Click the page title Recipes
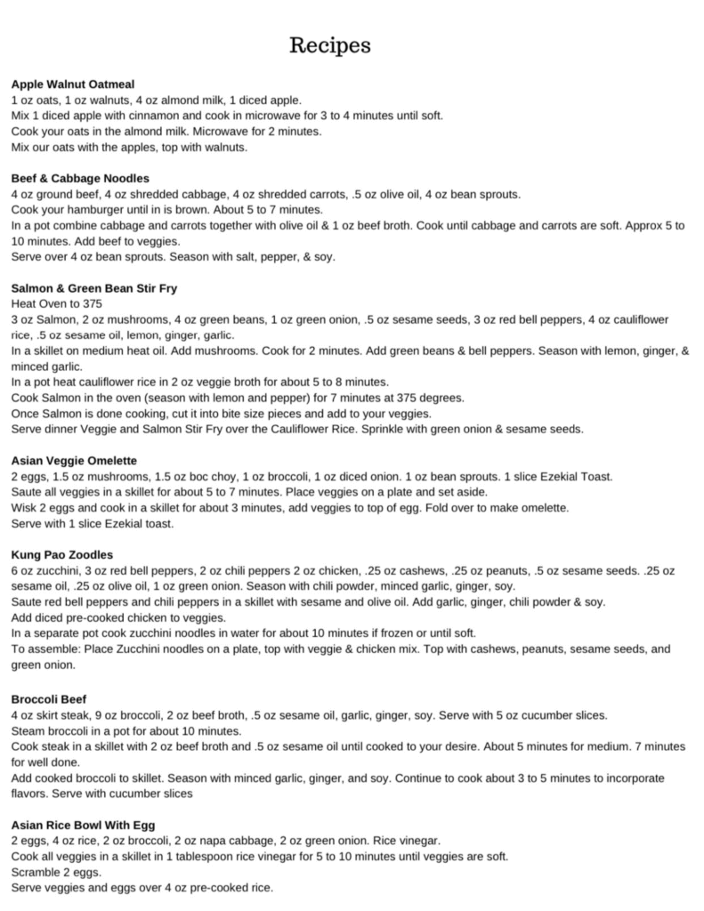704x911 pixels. (x=329, y=45)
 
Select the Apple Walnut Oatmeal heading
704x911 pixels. (x=73, y=83)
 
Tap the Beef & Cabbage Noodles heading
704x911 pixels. (x=80, y=178)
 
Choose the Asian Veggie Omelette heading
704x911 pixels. (x=74, y=461)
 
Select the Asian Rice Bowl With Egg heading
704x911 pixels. (x=84, y=825)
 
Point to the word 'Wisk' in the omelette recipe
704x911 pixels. (x=24, y=508)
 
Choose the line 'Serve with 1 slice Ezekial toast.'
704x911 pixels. (x=93, y=524)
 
